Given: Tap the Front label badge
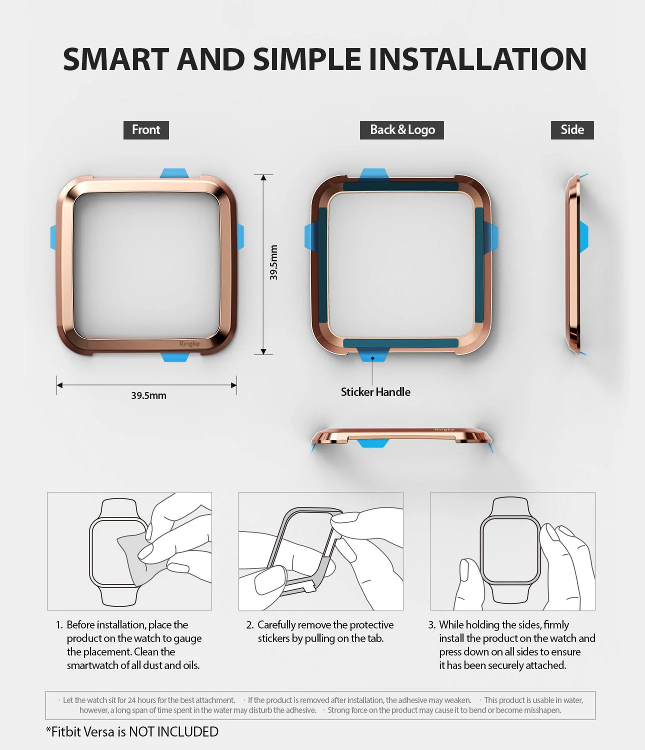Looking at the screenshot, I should coord(146,130).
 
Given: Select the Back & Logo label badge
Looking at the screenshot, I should coord(402,130).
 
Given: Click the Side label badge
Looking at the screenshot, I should coord(572,130).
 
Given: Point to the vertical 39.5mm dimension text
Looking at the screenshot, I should coord(273,262).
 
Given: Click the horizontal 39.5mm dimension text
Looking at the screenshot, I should coord(148,395).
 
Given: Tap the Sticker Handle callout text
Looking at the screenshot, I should coord(375,392).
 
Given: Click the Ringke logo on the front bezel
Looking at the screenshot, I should coord(189,344).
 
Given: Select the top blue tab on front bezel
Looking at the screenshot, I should coord(174,173).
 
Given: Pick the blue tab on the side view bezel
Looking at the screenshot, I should coord(584,236).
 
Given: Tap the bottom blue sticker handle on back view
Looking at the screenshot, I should coord(373,355).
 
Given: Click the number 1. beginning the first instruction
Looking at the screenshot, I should coord(59,625).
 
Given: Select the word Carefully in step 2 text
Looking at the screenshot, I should coord(276,625).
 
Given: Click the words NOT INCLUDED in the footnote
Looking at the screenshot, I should coord(173,732).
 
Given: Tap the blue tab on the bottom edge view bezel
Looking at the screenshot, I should coord(373,442).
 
